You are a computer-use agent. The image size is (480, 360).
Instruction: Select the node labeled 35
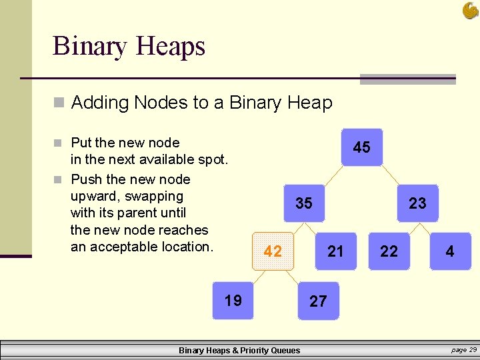[x=304, y=203]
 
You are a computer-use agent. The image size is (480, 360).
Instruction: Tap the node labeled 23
[x=417, y=203]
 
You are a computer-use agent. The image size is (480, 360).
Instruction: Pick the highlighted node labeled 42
[x=273, y=251]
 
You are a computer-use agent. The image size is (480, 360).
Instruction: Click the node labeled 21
[x=335, y=251]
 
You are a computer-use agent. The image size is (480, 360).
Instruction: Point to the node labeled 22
[x=389, y=251]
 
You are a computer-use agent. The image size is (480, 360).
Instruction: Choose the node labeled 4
[x=450, y=251]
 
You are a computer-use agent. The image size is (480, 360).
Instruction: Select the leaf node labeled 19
[x=233, y=301]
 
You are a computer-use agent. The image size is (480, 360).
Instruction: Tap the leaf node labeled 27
[x=318, y=301]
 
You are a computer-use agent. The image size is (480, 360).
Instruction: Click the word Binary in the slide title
[x=89, y=47]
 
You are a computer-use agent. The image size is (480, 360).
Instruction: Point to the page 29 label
[x=463, y=350]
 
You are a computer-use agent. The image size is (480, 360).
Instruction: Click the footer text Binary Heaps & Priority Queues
[x=239, y=351]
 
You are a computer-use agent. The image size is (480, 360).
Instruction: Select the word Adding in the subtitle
[x=99, y=103]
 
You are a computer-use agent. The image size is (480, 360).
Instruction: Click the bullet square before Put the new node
[x=59, y=143]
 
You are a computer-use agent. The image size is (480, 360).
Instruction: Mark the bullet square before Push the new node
[x=59, y=179]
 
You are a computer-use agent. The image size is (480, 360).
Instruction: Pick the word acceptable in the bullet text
[x=126, y=247]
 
